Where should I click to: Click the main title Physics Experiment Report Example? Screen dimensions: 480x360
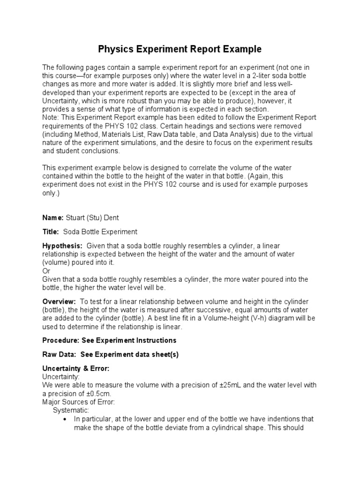click(x=180, y=49)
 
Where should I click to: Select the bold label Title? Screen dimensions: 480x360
click(x=51, y=232)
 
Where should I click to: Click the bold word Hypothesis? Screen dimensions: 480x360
click(x=62, y=246)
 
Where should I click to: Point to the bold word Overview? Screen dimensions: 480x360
click(x=59, y=302)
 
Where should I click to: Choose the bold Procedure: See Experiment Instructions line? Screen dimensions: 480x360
click(x=109, y=340)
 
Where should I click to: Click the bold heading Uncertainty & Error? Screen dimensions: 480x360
click(x=76, y=368)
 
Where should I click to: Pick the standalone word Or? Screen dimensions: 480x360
click(x=46, y=271)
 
